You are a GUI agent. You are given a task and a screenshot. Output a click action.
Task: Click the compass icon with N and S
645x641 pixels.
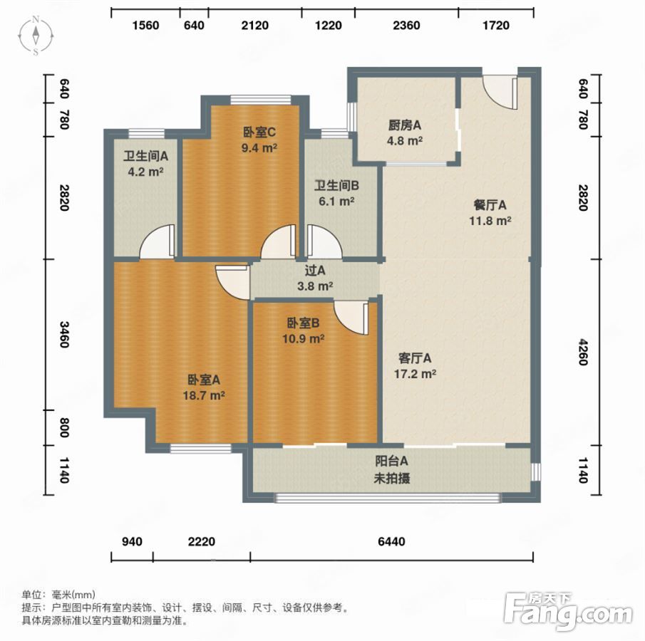36,36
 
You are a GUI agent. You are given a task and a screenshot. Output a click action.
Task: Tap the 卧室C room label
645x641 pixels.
259,132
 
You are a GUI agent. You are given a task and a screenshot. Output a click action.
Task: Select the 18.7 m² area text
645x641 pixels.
204,395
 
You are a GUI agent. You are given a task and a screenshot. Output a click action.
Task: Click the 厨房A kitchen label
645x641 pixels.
404,125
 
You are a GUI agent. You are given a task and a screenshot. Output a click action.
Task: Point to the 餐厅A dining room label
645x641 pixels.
490,204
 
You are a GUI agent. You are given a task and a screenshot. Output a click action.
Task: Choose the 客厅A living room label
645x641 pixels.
415,358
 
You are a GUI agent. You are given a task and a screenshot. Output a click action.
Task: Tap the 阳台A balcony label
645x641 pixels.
391,461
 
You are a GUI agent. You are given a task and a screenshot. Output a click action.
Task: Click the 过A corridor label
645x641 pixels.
315,271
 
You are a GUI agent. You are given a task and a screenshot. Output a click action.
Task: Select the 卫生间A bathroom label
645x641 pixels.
145,156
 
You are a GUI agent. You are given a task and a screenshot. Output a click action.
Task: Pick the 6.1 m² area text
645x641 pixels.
336,202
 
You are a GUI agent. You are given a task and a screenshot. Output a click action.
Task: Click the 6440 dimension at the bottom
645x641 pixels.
391,541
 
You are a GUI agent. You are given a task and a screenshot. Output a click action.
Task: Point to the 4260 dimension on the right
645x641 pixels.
583,352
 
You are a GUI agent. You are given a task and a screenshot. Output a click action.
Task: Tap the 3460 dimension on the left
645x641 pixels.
64,334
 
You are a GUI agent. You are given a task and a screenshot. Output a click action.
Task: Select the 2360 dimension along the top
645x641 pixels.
406,26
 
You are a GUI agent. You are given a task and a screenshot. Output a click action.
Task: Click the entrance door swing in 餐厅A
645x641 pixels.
500,91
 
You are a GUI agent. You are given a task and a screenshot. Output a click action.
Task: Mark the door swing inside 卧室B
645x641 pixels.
351,318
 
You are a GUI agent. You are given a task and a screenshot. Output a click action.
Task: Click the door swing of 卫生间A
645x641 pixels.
158,241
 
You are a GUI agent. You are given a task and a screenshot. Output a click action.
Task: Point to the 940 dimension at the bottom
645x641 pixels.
132,541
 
